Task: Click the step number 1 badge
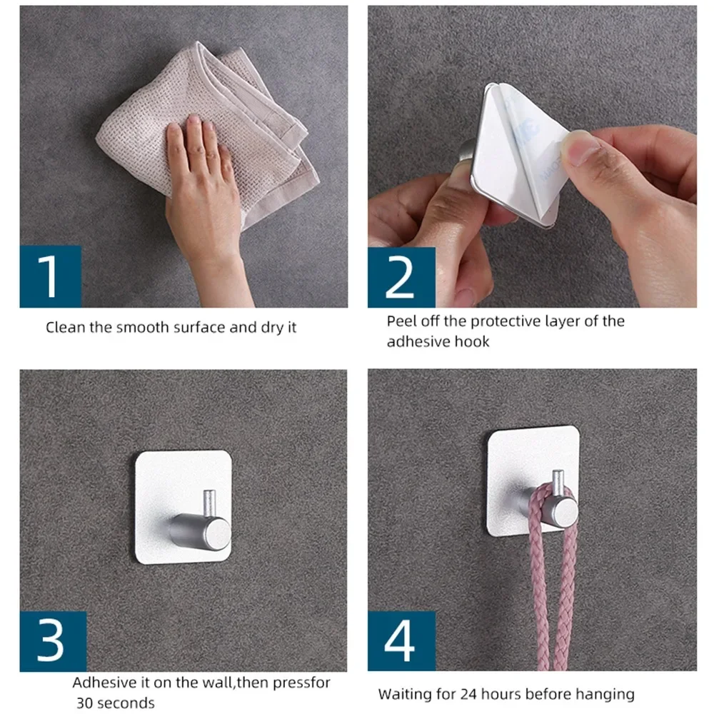point(50,276)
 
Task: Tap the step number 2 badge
point(401,277)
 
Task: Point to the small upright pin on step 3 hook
point(209,503)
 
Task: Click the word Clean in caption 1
point(64,328)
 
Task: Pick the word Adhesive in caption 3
point(101,682)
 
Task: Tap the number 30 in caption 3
point(85,703)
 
